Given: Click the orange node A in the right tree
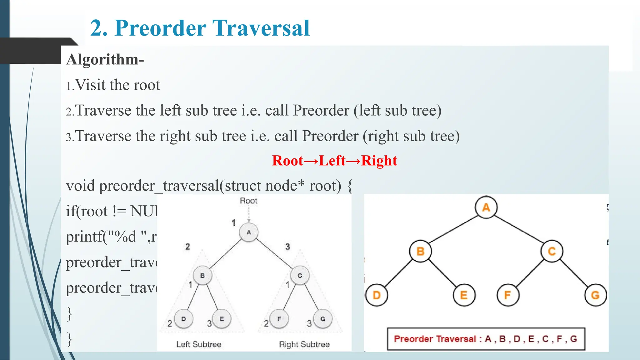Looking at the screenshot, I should (486, 207).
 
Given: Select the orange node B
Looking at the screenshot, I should (420, 251).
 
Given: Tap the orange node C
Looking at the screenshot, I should (552, 251).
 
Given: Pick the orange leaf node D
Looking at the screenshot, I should (377, 295).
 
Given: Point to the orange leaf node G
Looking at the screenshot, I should (595, 295).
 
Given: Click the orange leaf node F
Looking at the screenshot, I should (508, 295).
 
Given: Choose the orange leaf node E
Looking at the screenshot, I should (464, 295).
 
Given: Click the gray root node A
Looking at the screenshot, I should (249, 232).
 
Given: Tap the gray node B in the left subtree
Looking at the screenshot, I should (202, 276).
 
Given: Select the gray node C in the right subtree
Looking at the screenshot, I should (300, 276).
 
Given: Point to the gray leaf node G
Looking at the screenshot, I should (322, 319).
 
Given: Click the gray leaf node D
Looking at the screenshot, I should (183, 319).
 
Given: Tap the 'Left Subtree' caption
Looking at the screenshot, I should (199, 344).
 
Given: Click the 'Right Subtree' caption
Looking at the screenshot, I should (304, 344).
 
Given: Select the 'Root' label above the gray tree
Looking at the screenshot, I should (248, 201).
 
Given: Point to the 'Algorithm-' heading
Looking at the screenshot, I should (105, 59).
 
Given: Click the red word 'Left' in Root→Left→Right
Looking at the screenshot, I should (332, 161).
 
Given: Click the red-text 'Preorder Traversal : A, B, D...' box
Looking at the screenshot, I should (486, 339).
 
